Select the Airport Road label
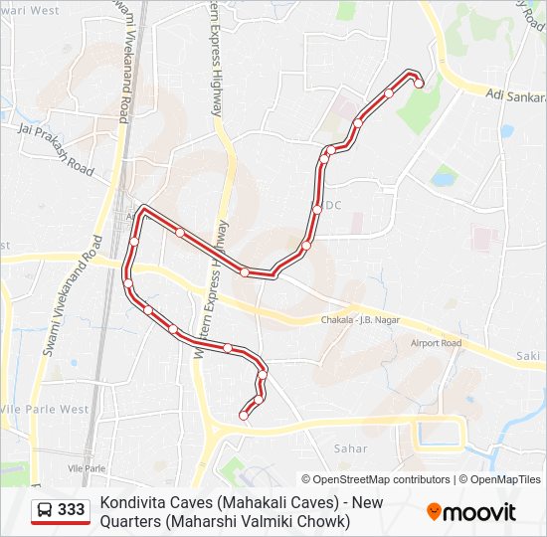click(x=436, y=343)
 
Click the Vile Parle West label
click(x=45, y=409)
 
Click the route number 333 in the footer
click(x=72, y=510)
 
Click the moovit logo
click(x=471, y=512)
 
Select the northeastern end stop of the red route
click(x=419, y=84)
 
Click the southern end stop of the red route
click(x=244, y=416)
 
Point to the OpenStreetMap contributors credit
click(x=376, y=479)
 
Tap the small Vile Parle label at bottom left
click(x=87, y=467)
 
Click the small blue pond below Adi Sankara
click(x=507, y=130)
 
